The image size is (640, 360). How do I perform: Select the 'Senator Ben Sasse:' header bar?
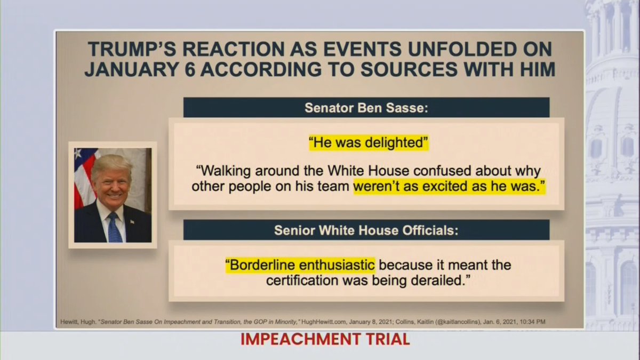pos(366,107)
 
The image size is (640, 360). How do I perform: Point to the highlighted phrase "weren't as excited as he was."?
pos(449,187)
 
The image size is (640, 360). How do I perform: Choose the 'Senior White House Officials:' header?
pos(366,230)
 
